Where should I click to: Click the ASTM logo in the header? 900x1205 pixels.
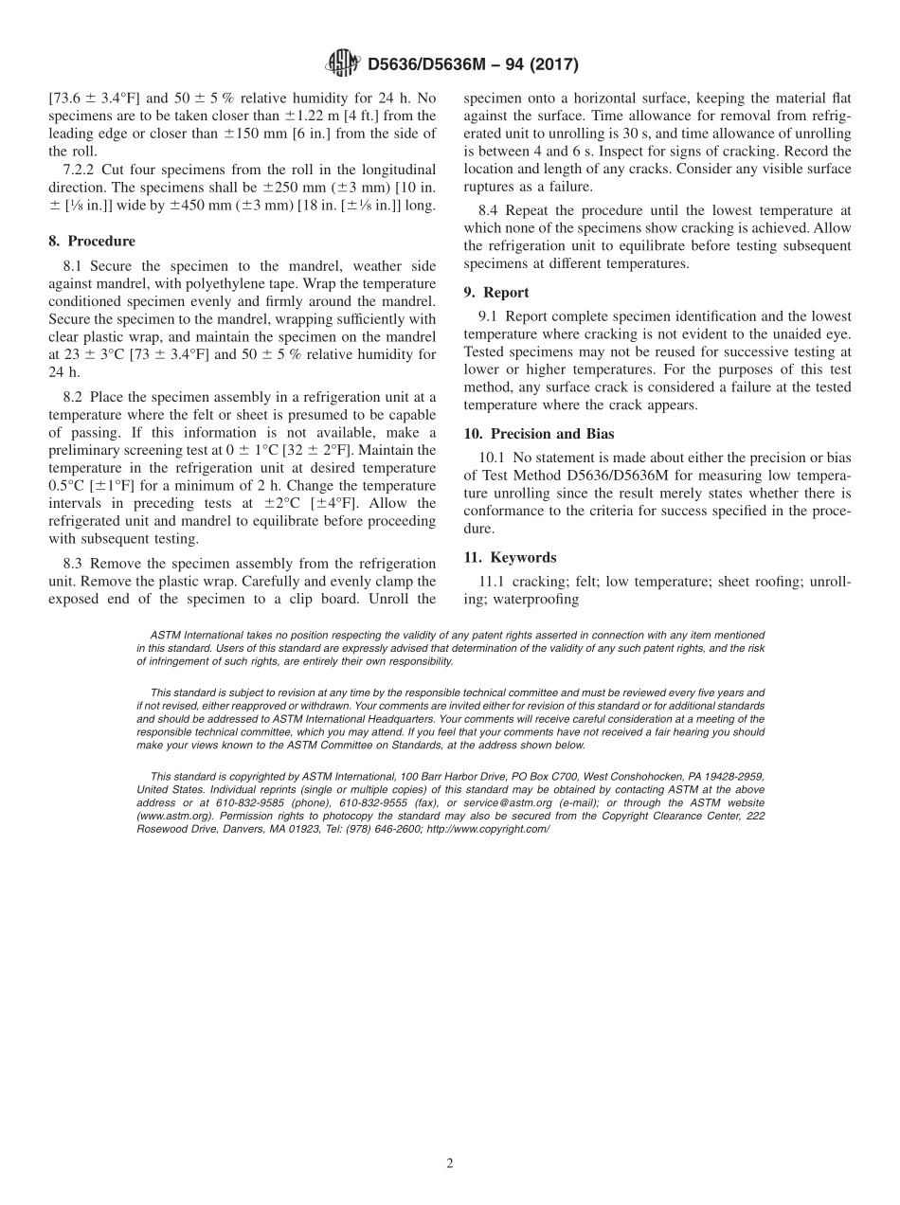pos(342,63)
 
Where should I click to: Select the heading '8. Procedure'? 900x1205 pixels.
pos(92,241)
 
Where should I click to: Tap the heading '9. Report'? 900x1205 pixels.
pos(496,292)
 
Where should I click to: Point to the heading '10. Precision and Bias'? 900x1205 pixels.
pos(539,434)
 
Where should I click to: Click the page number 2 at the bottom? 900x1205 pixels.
pos(450,1164)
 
